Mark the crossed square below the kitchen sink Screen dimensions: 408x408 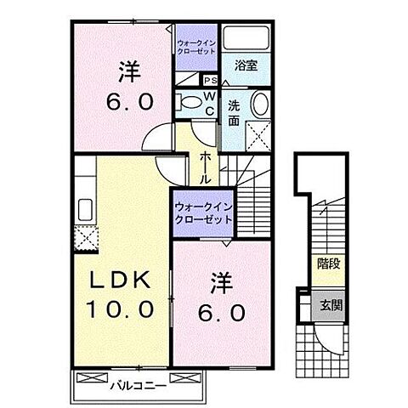tap(85, 237)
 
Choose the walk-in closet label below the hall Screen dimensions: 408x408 tap(203, 213)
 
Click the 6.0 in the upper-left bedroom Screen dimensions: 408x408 tap(129, 103)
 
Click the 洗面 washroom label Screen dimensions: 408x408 tap(232, 114)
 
